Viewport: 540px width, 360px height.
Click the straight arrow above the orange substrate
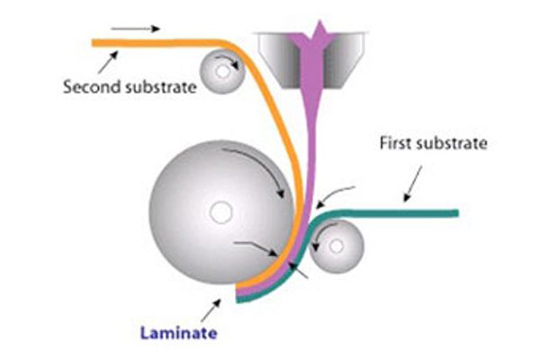[x=141, y=29]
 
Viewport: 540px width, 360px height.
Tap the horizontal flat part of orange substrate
[x=153, y=41]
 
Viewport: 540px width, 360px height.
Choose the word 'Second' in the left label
[x=87, y=88]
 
